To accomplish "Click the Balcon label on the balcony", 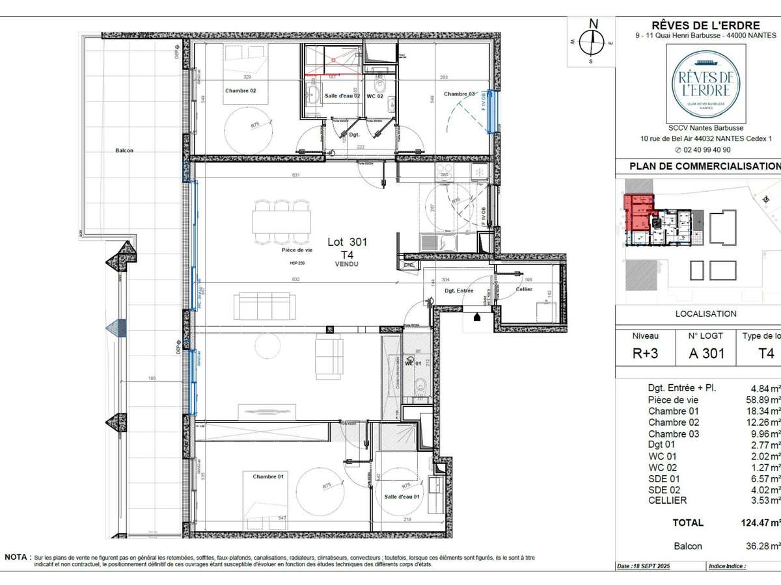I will tap(124, 151).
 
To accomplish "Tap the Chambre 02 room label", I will tap(240, 91).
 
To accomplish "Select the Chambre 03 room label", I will tap(459, 94).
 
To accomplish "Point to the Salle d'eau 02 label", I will tap(342, 96).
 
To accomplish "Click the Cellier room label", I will tap(524, 289).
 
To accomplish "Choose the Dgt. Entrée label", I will tap(459, 291).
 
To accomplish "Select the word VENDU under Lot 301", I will tap(347, 265).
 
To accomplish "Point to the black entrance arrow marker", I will tap(477, 317).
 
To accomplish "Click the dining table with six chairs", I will tap(281, 221).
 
